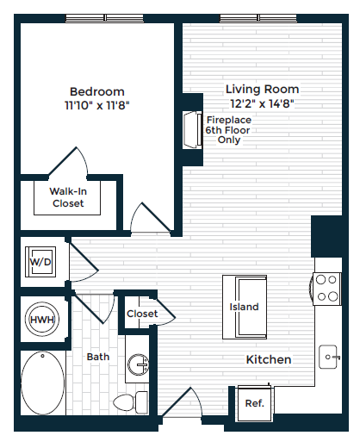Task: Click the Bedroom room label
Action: coord(96,91)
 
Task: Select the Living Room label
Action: coord(262,89)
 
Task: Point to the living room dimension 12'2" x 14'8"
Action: coord(262,103)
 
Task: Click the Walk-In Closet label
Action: coord(66,197)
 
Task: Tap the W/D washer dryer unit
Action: coord(40,261)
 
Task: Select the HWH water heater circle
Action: coord(40,320)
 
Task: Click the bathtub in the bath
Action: coord(42,384)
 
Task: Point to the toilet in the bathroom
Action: coord(130,402)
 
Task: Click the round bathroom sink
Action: coord(138,367)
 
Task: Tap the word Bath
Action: coord(97,356)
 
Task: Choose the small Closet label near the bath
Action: coord(142,314)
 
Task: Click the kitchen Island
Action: coord(244,307)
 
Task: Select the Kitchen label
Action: coord(268,359)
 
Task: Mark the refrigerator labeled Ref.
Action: coord(255,402)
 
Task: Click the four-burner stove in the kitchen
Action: coord(326,287)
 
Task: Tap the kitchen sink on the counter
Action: coord(328,354)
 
